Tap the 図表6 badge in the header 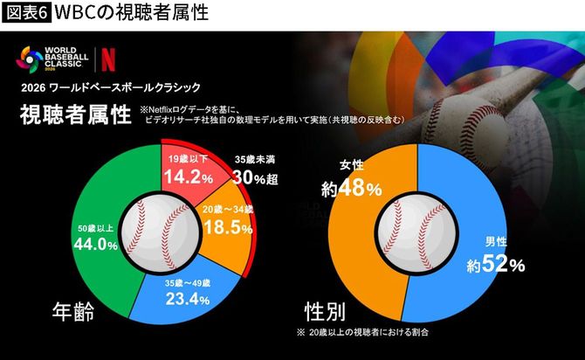tap(24, 13)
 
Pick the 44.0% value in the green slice tap(96, 246)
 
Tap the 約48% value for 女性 tap(351, 187)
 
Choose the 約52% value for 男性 tap(494, 263)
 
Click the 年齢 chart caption tap(75, 311)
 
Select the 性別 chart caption tap(322, 312)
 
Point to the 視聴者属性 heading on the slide tap(75, 116)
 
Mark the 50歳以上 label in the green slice tap(96, 229)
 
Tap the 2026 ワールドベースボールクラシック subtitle tap(111, 87)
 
